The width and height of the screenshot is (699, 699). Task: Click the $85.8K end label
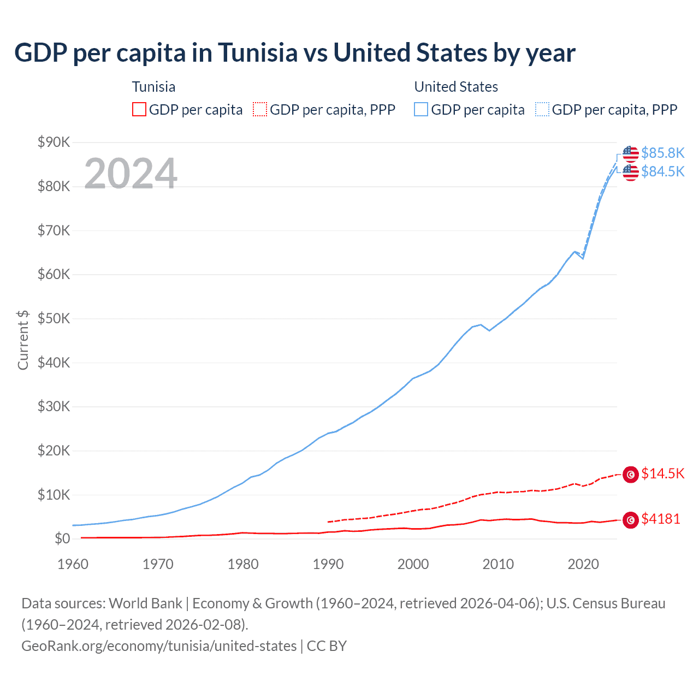coord(662,153)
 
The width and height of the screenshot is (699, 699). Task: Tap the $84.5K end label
coord(662,171)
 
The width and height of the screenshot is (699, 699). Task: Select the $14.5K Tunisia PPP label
coord(662,473)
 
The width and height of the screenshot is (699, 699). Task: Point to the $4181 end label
coord(661,519)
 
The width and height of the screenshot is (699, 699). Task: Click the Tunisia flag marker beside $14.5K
coord(631,475)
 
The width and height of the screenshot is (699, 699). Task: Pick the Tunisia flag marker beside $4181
coord(631,520)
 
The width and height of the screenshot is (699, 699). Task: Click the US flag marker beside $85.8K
coord(631,154)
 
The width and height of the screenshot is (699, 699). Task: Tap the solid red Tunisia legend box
coord(139,109)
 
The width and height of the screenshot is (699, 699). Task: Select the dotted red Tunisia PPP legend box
coord(260,109)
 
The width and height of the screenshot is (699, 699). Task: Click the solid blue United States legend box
coord(421,109)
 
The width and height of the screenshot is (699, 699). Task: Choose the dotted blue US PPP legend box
coord(542,109)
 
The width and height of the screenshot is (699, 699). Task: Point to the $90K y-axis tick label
coord(54,143)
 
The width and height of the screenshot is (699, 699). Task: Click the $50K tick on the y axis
coord(54,319)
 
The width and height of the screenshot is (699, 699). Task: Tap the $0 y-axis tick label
coord(62,539)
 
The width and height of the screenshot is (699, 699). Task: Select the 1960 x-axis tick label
coord(73,564)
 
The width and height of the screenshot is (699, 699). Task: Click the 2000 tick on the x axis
coord(413,564)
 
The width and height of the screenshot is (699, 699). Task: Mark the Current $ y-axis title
coord(23,340)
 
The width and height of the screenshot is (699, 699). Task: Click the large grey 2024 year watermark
coord(131,174)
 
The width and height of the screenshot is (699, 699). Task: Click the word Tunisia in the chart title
coord(258,53)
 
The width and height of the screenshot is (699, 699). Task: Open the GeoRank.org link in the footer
coord(159,646)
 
